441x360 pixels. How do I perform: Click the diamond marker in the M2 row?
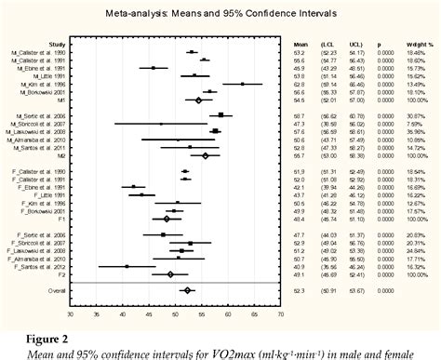point(205,155)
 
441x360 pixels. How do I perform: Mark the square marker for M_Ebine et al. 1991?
point(154,68)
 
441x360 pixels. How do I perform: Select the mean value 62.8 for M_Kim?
point(299,84)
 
